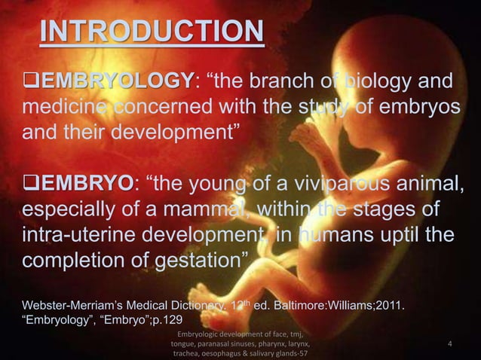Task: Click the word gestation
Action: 191,265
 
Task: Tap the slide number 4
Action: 449,345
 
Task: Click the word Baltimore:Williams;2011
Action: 342,307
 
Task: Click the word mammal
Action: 214,209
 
